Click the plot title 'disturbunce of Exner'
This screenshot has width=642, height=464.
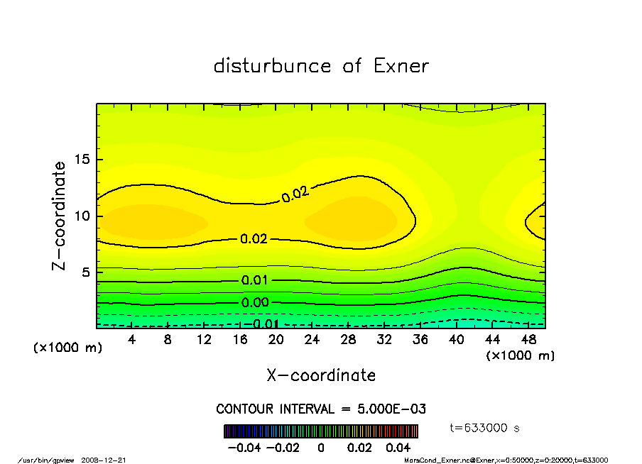coord(321,66)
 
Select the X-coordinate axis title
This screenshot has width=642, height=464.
coord(321,375)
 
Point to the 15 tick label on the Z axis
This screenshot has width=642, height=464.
coord(84,160)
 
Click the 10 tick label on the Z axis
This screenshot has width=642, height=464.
coord(84,216)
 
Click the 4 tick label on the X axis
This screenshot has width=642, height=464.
coord(132,340)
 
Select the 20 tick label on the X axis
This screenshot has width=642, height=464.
coord(276,340)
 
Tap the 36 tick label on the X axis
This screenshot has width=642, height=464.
coord(420,340)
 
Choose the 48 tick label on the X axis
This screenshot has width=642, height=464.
coord(528,340)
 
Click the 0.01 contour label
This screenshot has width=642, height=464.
coord(254,280)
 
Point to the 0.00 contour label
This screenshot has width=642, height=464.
coord(254,303)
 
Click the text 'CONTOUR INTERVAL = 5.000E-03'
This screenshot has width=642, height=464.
coord(321,409)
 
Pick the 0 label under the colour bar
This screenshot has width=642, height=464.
coord(321,448)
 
